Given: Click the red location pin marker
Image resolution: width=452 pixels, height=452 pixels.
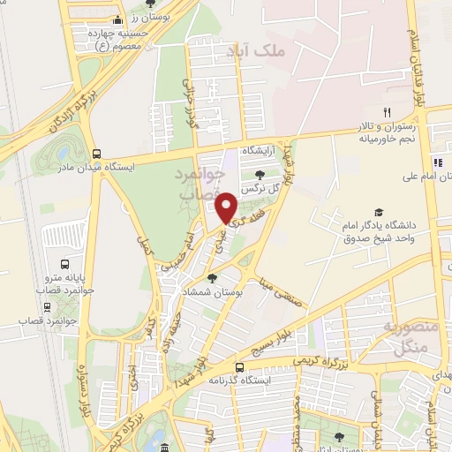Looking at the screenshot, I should click(227, 208).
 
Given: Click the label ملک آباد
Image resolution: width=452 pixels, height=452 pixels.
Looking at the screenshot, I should click(258, 51).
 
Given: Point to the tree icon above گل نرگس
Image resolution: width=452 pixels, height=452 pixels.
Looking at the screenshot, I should click(260, 175).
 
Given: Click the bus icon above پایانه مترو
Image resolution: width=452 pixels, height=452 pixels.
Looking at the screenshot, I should click(64, 264).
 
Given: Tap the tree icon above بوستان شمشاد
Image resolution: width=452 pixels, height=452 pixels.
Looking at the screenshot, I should click(212, 278).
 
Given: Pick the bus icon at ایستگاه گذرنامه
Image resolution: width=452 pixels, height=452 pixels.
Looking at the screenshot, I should click(239, 366).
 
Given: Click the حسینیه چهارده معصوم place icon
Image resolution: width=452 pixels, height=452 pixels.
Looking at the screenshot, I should click(118, 19).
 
